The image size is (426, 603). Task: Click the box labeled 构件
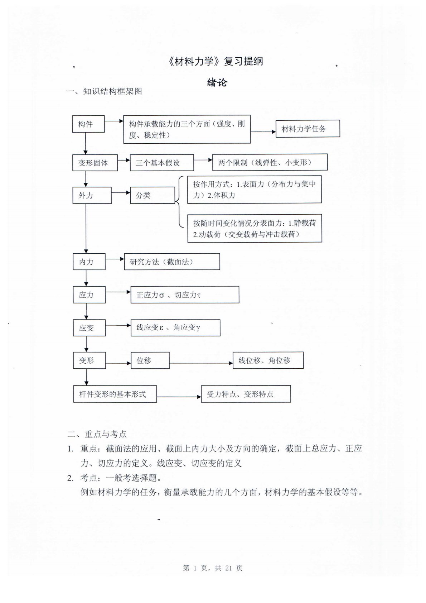[x=88, y=124]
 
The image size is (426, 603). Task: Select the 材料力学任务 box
[x=308, y=129]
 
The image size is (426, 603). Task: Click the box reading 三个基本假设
[x=162, y=163]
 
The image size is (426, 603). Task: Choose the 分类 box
[x=152, y=195]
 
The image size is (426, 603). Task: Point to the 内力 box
[x=89, y=262]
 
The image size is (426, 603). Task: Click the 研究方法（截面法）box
[x=172, y=262]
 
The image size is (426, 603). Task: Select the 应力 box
[x=89, y=295]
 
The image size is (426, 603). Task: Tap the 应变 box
[x=89, y=328]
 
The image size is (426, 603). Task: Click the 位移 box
[x=150, y=360]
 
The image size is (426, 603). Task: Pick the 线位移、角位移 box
[x=268, y=360]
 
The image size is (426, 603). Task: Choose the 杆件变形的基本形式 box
[x=115, y=394]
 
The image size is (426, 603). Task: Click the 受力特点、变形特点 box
[x=246, y=394]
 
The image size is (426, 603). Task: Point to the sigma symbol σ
[x=161, y=296]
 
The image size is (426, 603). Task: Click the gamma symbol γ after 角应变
[x=198, y=328]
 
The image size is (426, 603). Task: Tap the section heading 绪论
[x=217, y=83]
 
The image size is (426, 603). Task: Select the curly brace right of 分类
[x=179, y=202]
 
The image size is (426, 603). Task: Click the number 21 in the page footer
[x=229, y=568]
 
